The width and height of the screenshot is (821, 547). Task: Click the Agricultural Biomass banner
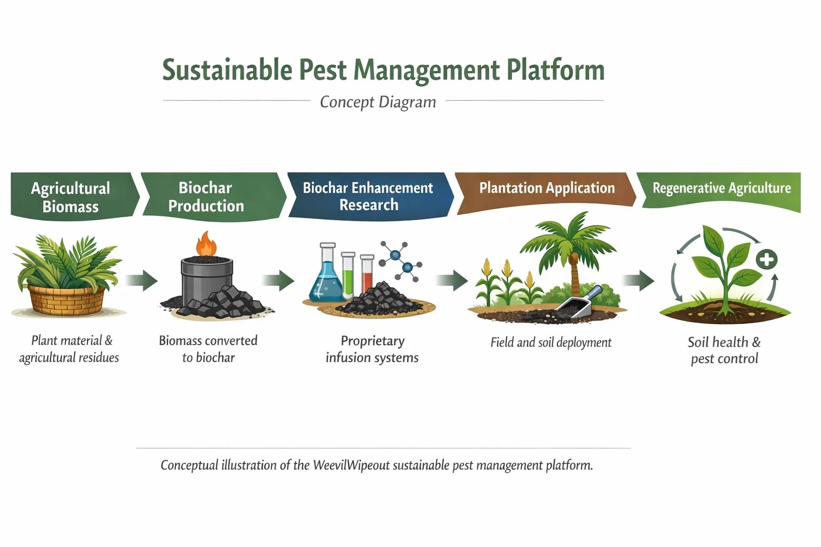(71, 196)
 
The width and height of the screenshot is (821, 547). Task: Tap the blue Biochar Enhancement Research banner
(368, 196)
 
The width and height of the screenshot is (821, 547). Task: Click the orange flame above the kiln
(206, 244)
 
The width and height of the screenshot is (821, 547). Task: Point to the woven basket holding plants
(66, 300)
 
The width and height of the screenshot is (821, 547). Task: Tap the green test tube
(348, 275)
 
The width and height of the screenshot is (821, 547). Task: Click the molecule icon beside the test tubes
(401, 261)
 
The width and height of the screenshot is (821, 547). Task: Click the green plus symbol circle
(766, 260)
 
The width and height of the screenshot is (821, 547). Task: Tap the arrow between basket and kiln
(142, 280)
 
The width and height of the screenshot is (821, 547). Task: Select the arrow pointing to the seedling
(639, 280)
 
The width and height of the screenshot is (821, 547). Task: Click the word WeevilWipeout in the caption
(351, 465)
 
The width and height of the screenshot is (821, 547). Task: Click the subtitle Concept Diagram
(378, 102)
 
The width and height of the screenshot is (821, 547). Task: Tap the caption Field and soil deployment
(551, 342)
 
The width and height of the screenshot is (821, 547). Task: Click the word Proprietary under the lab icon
(373, 341)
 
